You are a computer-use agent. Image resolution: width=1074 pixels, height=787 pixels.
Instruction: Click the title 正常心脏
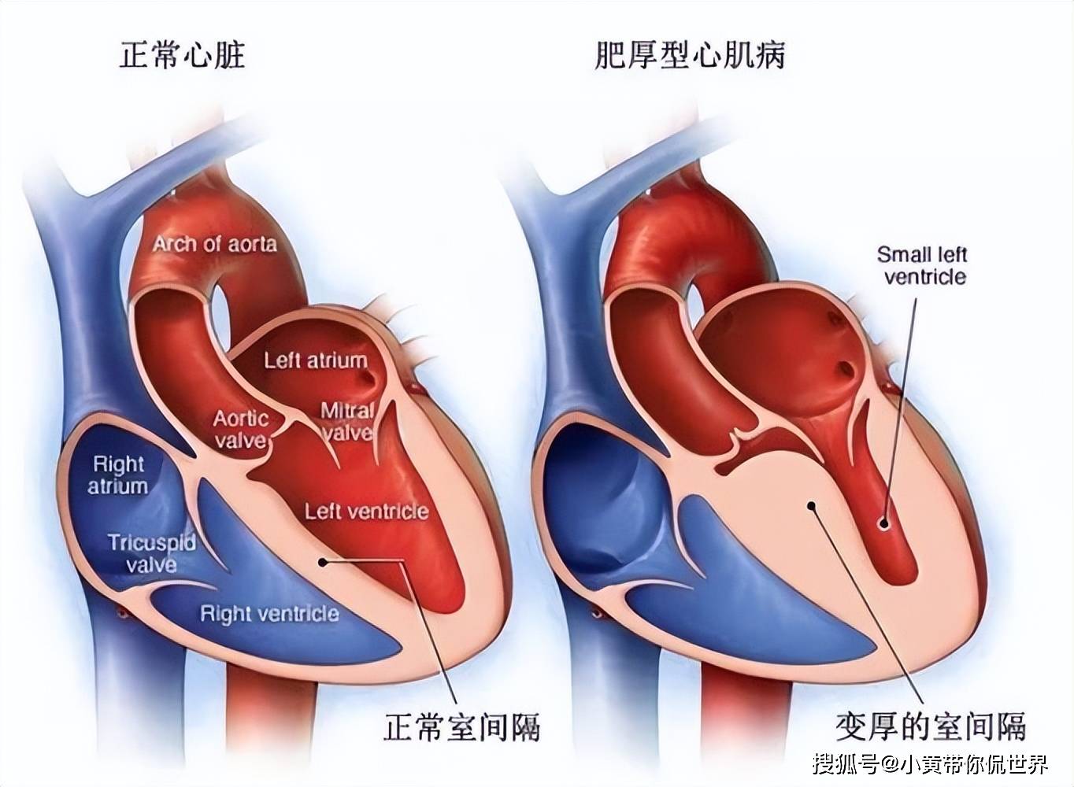click(x=182, y=55)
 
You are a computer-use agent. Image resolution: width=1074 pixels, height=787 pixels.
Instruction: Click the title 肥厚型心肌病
click(x=690, y=55)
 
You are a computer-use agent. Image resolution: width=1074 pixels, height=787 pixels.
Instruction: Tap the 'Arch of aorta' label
click(x=215, y=244)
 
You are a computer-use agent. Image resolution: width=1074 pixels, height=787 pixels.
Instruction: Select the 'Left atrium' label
click(x=316, y=361)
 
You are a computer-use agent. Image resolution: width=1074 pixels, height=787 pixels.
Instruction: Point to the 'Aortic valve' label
click(x=241, y=429)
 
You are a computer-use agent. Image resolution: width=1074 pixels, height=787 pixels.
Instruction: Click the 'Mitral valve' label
click(x=347, y=422)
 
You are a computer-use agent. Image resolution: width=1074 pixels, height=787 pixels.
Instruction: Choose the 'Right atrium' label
click(x=118, y=475)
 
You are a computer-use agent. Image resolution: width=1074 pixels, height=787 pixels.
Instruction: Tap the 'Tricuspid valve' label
click(x=152, y=552)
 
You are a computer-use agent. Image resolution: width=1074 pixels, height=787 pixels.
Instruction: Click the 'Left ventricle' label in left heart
click(x=366, y=512)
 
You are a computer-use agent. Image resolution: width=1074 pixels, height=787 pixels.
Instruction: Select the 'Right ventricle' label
click(x=269, y=614)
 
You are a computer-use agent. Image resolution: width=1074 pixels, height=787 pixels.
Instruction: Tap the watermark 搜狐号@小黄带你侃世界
click(x=931, y=763)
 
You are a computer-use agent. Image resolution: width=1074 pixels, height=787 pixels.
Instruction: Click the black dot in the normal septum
click(x=322, y=561)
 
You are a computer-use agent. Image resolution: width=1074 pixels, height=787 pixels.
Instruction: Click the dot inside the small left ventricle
click(x=883, y=523)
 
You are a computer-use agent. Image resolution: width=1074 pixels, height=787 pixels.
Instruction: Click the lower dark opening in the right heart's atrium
click(x=846, y=368)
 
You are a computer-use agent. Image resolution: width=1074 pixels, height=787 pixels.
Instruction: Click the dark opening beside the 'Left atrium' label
click(x=367, y=379)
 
